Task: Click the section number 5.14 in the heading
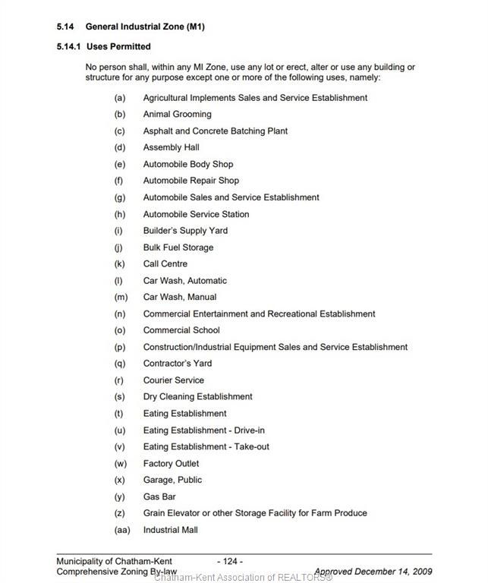[65, 27]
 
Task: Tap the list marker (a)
[120, 98]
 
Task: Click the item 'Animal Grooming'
[177, 115]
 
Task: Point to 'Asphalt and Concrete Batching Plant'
[215, 131]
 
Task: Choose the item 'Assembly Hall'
[171, 148]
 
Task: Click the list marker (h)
[120, 214]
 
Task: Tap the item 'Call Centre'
[165, 264]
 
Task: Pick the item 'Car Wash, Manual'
[179, 298]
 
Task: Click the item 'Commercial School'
[181, 330]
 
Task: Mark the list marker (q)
[120, 364]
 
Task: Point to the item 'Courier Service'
[173, 380]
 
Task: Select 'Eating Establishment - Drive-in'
[203, 430]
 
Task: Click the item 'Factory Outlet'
[171, 464]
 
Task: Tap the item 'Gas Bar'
[159, 497]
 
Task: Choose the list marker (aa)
[121, 530]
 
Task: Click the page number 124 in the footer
[230, 562]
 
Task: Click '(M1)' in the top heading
[191, 27]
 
